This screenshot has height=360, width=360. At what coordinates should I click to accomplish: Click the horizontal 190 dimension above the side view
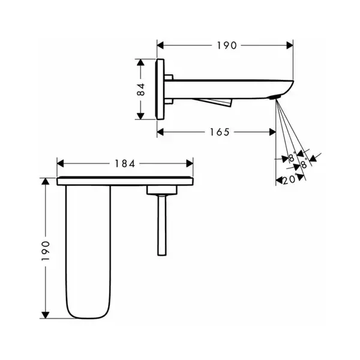[x=227, y=46]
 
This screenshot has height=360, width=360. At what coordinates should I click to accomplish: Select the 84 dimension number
[x=140, y=89]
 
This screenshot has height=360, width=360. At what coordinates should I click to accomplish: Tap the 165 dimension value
[x=220, y=132]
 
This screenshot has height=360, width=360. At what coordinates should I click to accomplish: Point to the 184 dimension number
[x=125, y=164]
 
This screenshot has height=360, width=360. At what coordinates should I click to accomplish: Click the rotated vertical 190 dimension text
[x=46, y=251]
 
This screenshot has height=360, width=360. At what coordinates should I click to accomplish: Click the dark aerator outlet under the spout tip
[x=275, y=97]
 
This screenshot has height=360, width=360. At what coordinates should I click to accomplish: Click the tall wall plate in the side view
[x=160, y=89]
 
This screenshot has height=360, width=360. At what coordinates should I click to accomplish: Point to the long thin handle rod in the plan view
[x=162, y=226]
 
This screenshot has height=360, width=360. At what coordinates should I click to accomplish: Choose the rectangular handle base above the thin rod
[x=162, y=190]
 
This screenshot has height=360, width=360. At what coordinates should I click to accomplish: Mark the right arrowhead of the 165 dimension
[x=272, y=132]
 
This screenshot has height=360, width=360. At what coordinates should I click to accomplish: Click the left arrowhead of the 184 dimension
[x=60, y=164]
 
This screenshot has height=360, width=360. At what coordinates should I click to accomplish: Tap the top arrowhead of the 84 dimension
[x=140, y=62]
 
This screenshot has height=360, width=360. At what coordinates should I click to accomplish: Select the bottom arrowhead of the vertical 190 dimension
[x=46, y=315]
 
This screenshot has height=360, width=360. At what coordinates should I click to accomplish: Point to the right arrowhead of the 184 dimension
[x=190, y=164]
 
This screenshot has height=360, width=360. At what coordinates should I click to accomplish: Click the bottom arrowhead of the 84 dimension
[x=140, y=116]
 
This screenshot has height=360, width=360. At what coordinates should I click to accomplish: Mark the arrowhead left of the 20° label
[x=279, y=181]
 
